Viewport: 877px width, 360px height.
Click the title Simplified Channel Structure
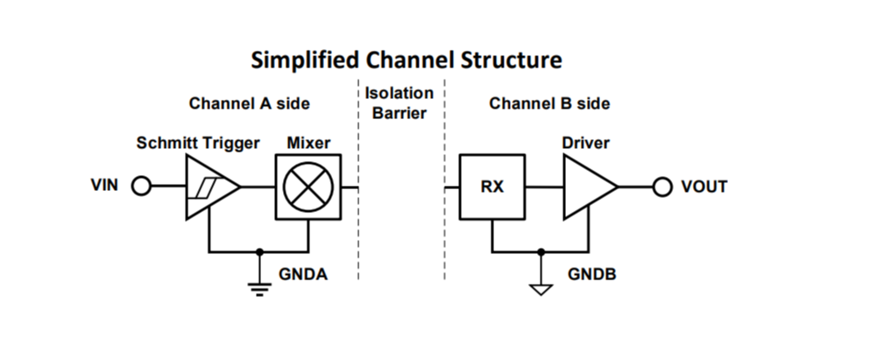tap(406, 60)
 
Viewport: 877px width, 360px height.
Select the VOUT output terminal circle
tap(663, 187)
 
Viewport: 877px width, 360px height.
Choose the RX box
tap(492, 187)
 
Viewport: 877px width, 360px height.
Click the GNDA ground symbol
tap(258, 286)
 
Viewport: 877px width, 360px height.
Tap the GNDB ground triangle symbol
tap(542, 286)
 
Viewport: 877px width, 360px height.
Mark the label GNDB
tap(591, 274)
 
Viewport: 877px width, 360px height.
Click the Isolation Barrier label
tap(399, 102)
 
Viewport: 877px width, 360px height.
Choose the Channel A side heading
tap(249, 103)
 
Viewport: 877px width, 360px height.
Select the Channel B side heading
tap(549, 103)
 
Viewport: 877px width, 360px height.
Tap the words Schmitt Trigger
tap(198, 143)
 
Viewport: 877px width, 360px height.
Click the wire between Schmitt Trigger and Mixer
tap(258, 187)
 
